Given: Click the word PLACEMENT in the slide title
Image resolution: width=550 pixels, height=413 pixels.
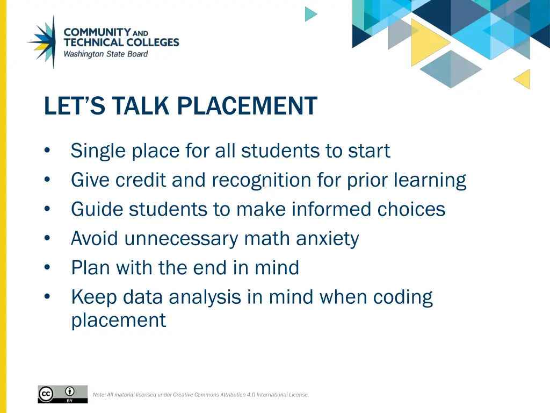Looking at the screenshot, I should [247, 106].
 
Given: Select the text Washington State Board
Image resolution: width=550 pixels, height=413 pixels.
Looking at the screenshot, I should [105, 54].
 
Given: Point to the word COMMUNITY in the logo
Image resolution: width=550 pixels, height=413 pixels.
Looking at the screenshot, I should [97, 32].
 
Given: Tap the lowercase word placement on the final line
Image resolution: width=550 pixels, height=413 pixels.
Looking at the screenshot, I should [118, 320].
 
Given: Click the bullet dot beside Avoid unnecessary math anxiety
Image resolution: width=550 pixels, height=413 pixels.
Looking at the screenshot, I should [48, 239].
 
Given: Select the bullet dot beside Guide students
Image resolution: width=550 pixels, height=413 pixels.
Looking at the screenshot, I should [48, 210].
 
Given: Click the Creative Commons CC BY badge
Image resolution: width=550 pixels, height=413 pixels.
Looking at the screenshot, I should [62, 394].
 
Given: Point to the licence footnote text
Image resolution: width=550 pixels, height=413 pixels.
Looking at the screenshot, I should [201, 395].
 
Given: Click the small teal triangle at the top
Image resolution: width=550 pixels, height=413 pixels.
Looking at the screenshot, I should [310, 14].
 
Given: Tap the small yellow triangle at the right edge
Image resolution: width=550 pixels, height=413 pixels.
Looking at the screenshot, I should [523, 79].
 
